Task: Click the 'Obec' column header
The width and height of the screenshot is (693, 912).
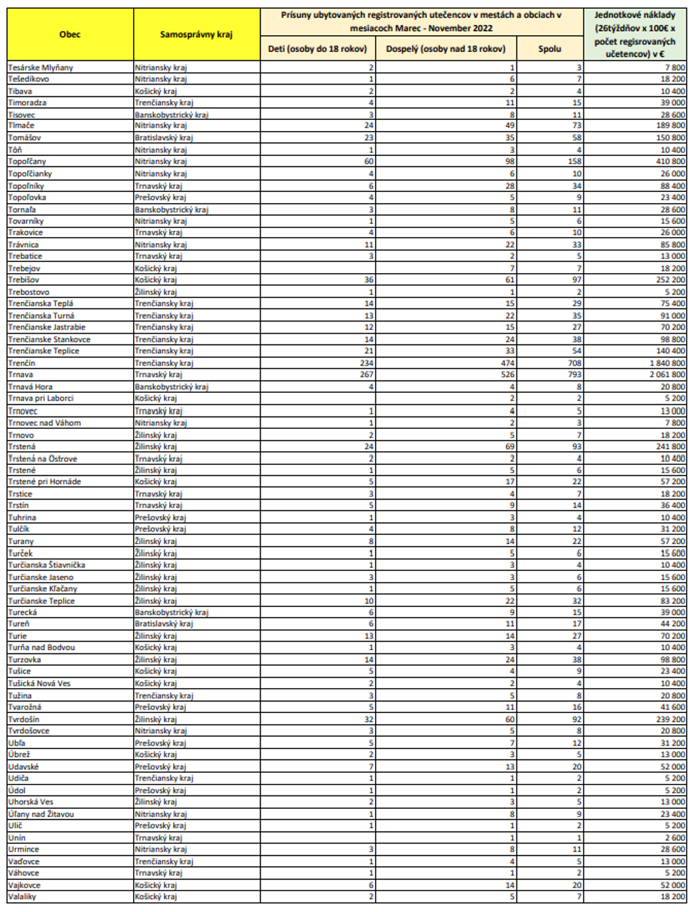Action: (x=70, y=34)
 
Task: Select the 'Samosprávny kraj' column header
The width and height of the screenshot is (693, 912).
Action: (x=196, y=34)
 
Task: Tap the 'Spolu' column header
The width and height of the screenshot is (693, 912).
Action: (x=550, y=49)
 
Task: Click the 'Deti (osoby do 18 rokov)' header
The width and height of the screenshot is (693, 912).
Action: (x=318, y=49)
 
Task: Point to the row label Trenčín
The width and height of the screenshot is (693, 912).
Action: (x=21, y=363)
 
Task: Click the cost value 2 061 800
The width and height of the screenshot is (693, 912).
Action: (x=667, y=375)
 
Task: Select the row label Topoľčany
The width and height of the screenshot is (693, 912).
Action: (x=27, y=161)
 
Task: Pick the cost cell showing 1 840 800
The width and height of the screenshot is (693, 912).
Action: (x=667, y=363)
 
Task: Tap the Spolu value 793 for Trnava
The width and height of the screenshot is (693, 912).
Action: (x=574, y=375)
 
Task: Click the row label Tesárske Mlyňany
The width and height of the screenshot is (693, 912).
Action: (x=40, y=67)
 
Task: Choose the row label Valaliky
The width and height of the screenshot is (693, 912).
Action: (x=22, y=897)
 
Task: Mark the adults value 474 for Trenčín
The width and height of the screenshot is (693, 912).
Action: (x=507, y=363)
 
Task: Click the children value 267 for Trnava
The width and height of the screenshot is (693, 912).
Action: (x=365, y=375)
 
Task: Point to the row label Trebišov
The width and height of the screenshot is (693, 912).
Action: (x=24, y=280)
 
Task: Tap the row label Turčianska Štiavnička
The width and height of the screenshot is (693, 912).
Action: (x=46, y=565)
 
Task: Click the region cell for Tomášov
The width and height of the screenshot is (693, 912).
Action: (x=164, y=138)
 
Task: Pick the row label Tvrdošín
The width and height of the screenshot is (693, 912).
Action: (x=24, y=719)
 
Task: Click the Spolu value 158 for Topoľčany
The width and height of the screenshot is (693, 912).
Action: (x=574, y=161)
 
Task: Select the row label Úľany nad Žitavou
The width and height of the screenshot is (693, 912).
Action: (x=41, y=814)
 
